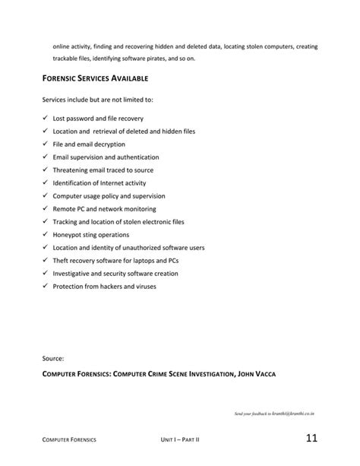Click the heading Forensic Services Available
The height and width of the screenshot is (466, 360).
[95, 78]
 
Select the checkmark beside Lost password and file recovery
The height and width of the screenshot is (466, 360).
[46, 119]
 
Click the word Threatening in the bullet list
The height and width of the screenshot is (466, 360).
[72, 170]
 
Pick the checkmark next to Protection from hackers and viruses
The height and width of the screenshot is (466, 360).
[46, 287]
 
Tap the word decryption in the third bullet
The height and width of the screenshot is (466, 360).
[108, 144]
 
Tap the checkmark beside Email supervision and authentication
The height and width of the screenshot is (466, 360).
[46, 157]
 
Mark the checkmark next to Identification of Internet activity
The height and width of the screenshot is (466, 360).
[46, 183]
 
